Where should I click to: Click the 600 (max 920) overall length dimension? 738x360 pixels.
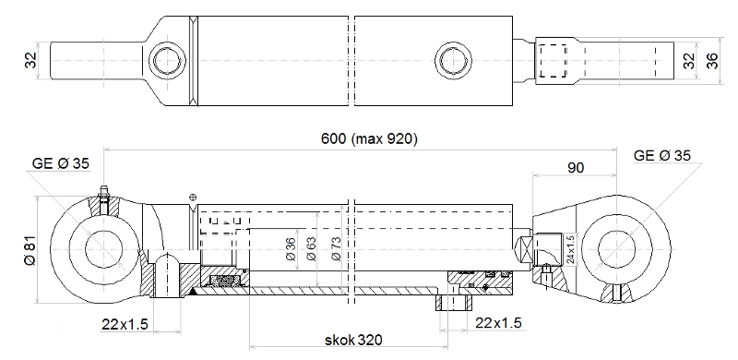pos(369,139)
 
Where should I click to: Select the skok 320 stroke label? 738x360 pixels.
pos(353,340)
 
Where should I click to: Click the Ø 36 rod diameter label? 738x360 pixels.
pos(291,249)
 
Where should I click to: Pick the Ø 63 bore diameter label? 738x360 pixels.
pos(312,249)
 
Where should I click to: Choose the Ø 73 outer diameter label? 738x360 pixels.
pos(336,249)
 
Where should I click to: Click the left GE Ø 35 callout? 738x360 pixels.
pos(60,163)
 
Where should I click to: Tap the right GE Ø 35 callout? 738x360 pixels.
pos(662,155)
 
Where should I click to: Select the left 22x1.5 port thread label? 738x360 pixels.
pos(125,324)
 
